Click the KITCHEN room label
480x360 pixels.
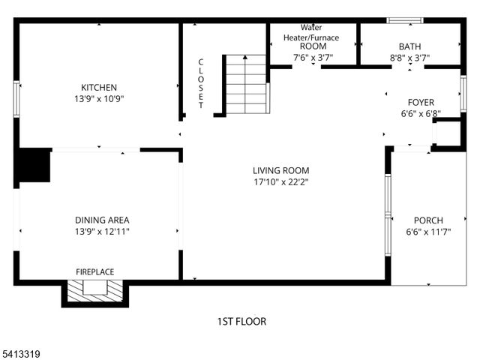point(99,88)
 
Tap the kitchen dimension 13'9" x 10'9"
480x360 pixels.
point(99,98)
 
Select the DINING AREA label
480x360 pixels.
point(102,220)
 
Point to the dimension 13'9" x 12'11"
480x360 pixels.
point(102,231)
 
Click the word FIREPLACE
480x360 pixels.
point(95,271)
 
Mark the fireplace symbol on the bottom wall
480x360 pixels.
point(94,291)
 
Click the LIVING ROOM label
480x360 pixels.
point(280,170)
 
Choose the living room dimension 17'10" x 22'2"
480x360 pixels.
point(280,181)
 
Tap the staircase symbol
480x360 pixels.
point(247,84)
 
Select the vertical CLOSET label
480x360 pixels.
point(201,84)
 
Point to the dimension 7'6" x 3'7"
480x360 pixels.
point(313,56)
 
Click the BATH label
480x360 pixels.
point(409,46)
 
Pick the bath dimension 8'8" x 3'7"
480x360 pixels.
point(409,56)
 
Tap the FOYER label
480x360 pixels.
point(421,103)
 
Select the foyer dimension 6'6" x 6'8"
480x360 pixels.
point(421,114)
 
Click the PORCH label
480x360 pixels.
point(428,220)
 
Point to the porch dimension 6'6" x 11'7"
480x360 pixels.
point(428,232)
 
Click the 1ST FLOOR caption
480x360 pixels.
point(241,322)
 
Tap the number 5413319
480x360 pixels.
point(21,351)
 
